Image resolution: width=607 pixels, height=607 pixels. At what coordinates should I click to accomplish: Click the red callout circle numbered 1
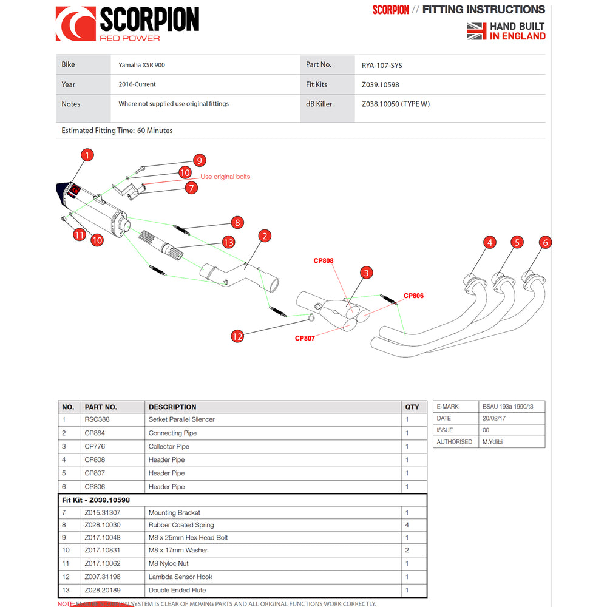[x=87, y=155]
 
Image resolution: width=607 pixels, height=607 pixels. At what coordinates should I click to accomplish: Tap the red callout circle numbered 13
[x=228, y=242]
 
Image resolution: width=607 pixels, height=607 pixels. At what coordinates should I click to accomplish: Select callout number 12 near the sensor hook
[x=237, y=336]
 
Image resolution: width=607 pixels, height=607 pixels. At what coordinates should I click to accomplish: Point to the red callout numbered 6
[x=545, y=242]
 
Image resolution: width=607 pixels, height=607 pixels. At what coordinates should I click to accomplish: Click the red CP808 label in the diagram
[x=323, y=261]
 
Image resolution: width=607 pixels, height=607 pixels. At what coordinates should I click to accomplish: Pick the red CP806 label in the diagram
[x=413, y=296]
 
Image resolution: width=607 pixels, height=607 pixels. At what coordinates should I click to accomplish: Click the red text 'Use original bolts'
[x=225, y=177]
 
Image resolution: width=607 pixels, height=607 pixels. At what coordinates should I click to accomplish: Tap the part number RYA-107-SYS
[x=382, y=65]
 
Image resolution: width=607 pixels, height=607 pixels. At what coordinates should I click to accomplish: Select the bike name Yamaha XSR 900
[x=141, y=65]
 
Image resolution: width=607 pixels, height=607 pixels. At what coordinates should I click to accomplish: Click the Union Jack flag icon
[x=476, y=31]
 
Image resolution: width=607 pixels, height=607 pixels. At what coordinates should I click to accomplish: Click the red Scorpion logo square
[x=75, y=24]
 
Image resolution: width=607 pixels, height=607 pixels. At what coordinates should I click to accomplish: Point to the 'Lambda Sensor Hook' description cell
[x=180, y=577]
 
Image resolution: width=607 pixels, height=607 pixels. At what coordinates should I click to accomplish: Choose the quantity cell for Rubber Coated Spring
[x=407, y=525]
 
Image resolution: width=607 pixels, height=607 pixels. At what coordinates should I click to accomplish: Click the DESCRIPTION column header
[x=172, y=407]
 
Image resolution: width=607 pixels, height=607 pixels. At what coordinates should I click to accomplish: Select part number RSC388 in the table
[x=97, y=419]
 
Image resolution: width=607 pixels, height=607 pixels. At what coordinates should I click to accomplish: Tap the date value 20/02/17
[x=495, y=418]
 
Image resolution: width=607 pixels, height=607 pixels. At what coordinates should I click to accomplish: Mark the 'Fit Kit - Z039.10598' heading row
[x=96, y=500]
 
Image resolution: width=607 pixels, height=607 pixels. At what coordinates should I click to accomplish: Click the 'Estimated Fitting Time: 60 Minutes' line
[x=117, y=131]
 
